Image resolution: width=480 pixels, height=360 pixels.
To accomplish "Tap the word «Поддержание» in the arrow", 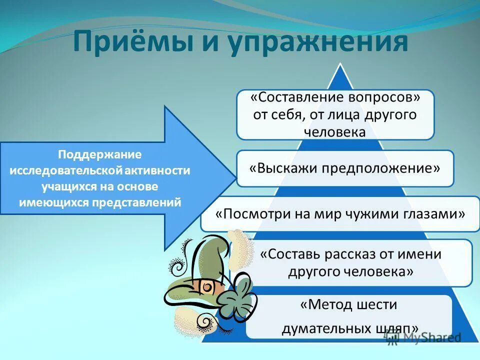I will (x=100, y=154).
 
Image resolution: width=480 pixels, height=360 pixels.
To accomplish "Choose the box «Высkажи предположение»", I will (x=345, y=168).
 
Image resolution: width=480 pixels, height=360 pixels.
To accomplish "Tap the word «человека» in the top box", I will (x=335, y=131).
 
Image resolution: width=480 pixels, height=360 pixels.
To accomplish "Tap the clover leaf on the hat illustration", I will (x=235, y=298).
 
